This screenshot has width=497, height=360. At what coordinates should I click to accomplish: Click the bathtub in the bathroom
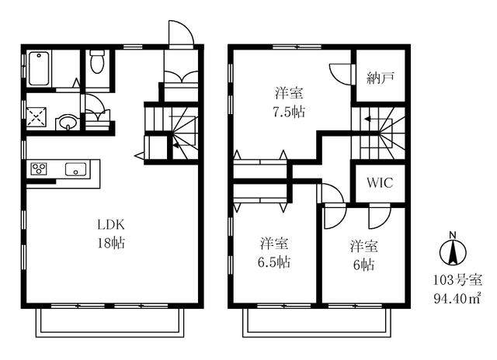(x=40, y=69)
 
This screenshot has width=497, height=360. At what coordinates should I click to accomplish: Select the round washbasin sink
(x=67, y=123)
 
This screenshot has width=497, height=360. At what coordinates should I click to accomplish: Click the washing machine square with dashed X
(x=36, y=117)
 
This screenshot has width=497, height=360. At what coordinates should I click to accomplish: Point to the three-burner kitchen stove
(x=39, y=168)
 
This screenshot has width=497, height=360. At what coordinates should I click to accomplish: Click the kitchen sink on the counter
(x=75, y=169)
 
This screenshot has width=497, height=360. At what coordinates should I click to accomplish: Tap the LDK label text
(x=110, y=225)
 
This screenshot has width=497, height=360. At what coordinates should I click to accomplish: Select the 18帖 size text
(x=110, y=243)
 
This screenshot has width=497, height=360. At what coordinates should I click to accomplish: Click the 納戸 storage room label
(x=381, y=78)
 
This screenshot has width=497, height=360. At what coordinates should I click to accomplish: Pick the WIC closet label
(x=380, y=182)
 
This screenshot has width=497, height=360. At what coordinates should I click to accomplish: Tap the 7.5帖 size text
(x=289, y=112)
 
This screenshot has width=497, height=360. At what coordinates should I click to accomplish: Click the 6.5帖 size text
(x=274, y=262)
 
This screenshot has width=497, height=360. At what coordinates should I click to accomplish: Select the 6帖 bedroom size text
(x=364, y=265)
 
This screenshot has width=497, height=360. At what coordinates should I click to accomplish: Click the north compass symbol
(x=453, y=253)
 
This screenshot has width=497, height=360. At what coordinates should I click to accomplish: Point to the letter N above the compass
(x=453, y=235)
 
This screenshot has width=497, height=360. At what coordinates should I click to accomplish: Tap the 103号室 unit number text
(x=457, y=280)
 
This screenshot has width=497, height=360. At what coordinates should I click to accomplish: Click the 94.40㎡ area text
(x=457, y=298)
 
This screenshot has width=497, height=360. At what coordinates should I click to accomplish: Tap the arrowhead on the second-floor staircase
(x=367, y=119)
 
